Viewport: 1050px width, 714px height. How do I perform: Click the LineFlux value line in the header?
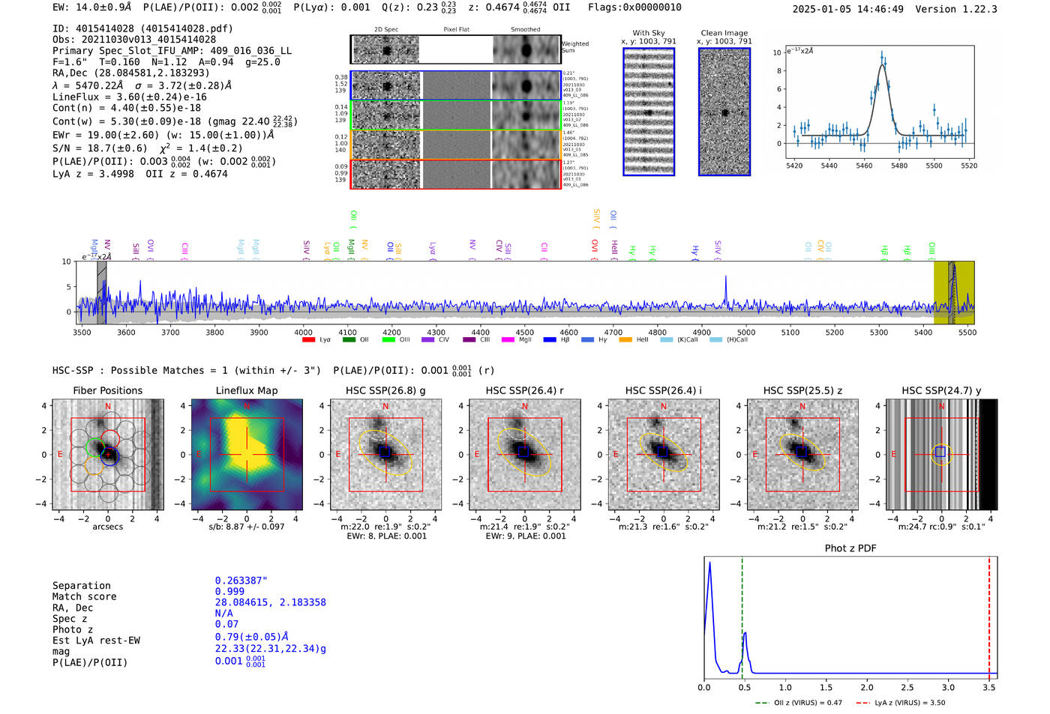[x=130, y=97]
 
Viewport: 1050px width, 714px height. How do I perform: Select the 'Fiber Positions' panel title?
[x=107, y=390]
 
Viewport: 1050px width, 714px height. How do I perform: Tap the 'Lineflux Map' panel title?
[x=246, y=390]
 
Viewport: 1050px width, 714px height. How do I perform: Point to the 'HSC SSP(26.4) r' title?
[x=524, y=390]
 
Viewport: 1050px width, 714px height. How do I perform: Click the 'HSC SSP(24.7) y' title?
[x=940, y=390]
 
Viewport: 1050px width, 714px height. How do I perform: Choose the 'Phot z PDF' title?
[x=850, y=548]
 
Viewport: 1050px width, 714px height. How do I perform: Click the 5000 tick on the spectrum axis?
[x=745, y=332]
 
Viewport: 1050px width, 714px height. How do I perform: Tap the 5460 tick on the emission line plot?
[x=864, y=166]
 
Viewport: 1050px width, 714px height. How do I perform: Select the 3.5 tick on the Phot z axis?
[x=989, y=687]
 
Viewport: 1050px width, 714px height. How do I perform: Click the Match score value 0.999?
[x=229, y=591]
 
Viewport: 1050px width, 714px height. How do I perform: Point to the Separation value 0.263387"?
[x=241, y=581]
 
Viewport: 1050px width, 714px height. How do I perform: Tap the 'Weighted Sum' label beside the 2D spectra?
[x=574, y=47]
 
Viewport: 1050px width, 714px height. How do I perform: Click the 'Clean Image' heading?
[x=724, y=33]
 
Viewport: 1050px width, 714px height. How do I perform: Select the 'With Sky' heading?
[x=648, y=33]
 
